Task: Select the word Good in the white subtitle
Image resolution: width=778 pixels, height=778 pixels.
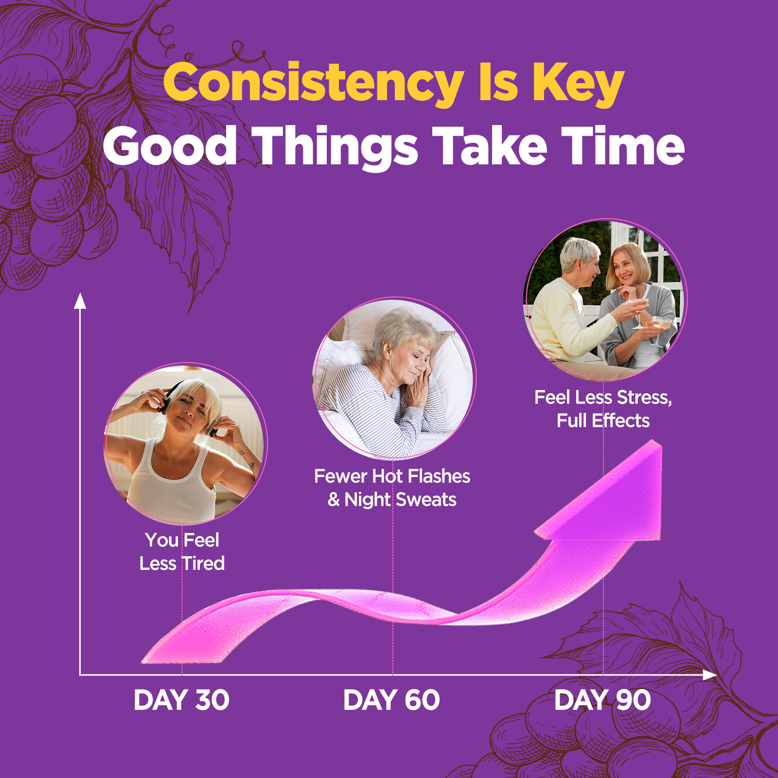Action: pos(170,146)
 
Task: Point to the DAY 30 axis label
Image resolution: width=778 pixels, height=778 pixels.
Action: pos(181,700)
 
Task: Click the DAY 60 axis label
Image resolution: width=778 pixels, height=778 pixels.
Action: pos(391,700)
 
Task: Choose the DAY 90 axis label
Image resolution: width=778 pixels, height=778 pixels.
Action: pos(602,700)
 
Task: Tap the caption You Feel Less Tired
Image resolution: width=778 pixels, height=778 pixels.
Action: pos(182,552)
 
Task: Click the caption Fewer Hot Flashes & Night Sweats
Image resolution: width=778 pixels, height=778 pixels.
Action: pos(392,488)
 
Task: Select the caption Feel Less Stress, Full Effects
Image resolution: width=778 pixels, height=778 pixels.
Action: pos(603,409)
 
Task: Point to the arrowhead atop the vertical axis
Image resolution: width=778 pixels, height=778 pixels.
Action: pos(80,301)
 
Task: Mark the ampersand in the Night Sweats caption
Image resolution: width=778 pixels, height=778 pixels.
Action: pos(334,500)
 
